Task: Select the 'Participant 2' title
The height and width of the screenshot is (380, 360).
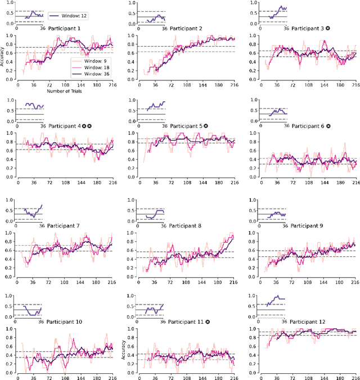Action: pos(190,28)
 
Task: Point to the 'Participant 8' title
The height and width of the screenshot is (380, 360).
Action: pos(190,210)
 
